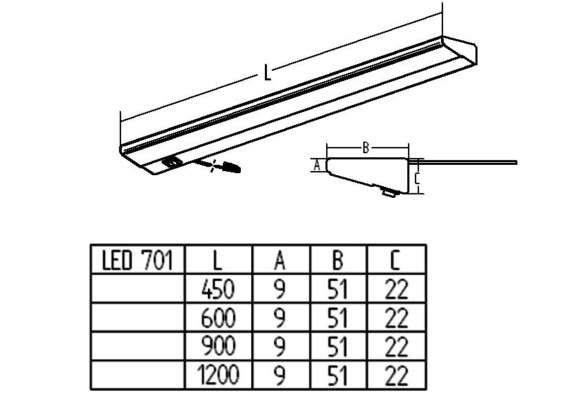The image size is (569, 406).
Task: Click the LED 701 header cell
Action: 138,261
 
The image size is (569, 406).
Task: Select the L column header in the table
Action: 218,261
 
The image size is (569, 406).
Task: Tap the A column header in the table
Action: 280,261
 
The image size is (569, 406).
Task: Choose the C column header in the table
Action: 396,261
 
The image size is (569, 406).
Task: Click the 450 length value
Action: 218,290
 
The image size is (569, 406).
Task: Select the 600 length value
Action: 218,319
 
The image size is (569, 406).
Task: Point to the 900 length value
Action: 218,348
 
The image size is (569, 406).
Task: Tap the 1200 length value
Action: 217,376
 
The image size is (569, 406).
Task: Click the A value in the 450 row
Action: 280,290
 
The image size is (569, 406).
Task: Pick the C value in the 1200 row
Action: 396,376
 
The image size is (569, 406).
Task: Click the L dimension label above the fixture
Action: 267,71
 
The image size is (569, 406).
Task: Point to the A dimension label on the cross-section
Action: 316,165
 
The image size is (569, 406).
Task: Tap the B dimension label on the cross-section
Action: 367,147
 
